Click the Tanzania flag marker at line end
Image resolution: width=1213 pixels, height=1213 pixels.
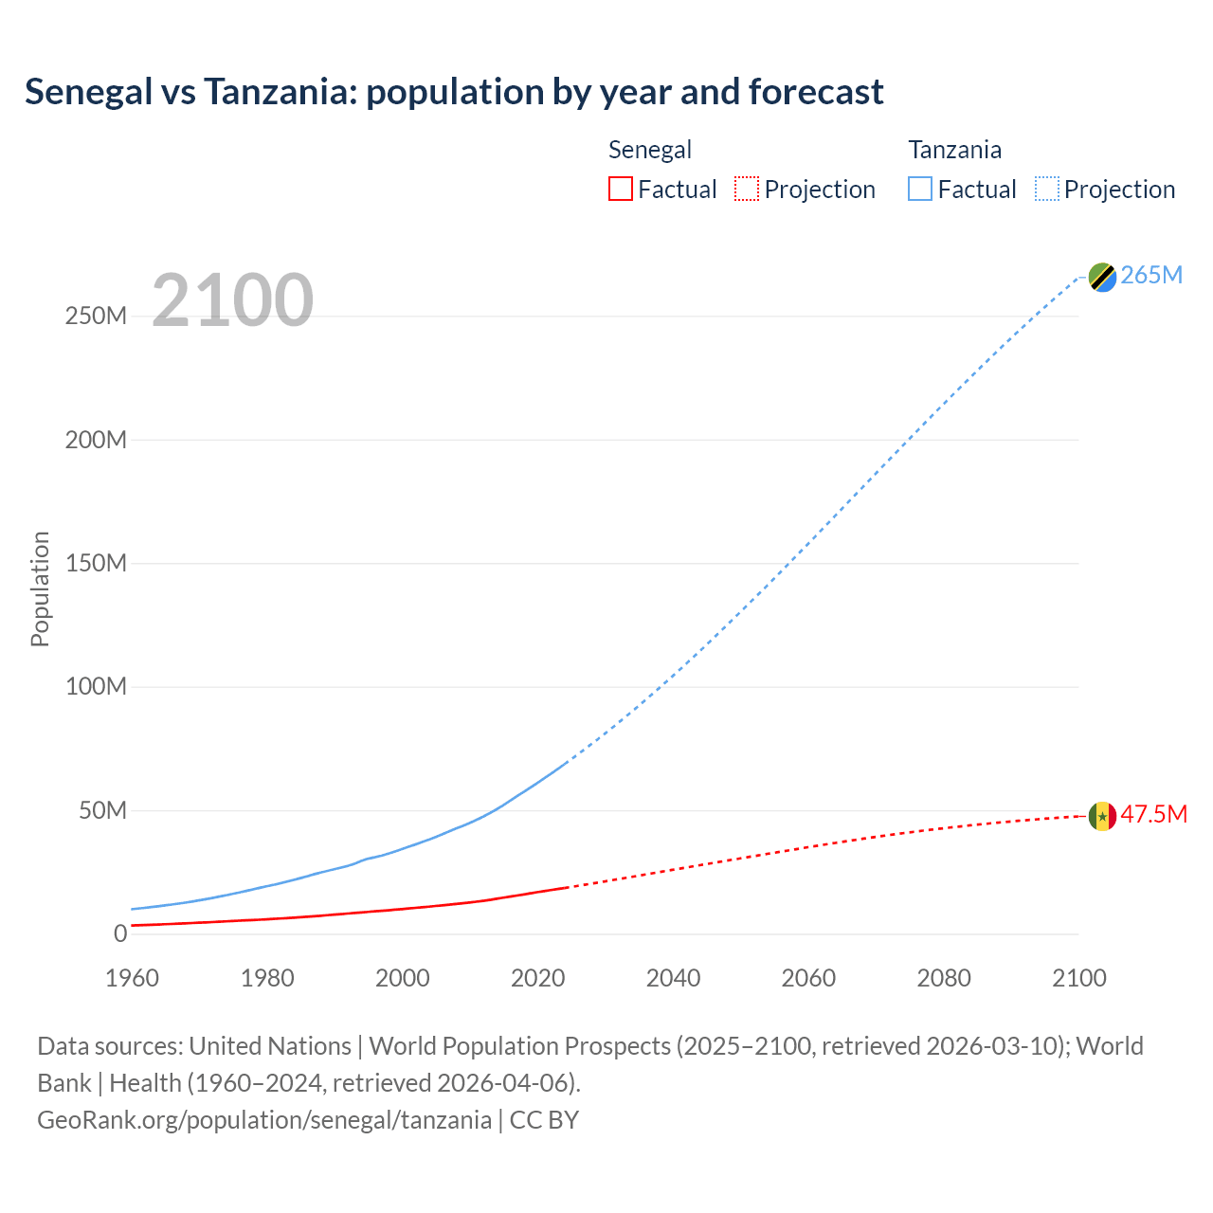coord(1102,277)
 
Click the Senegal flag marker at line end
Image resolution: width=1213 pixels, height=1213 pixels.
coord(1102,816)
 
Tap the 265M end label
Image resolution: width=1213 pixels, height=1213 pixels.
coord(1151,275)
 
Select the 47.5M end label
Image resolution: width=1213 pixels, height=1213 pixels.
coord(1153,814)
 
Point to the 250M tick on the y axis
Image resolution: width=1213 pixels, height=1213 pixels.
coord(96,317)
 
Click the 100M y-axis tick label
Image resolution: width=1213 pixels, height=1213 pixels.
coord(96,686)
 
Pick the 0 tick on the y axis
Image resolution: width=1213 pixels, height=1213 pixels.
coord(119,933)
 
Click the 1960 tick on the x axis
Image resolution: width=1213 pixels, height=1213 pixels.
coord(132,978)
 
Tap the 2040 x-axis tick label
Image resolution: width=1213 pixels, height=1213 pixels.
coord(673,978)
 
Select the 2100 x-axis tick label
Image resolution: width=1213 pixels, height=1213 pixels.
coord(1078,978)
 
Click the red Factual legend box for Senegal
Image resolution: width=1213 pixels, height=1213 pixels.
coord(621,189)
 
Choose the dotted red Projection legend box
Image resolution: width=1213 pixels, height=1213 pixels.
coord(747,189)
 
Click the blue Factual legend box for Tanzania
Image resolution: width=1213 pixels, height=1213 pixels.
coord(920,189)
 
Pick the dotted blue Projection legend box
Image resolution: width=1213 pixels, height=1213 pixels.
coord(1047,189)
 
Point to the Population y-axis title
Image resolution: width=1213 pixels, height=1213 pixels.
coord(40,589)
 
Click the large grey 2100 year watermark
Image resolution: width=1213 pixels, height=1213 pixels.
coord(232,300)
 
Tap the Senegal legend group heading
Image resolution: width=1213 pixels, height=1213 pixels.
coord(650,150)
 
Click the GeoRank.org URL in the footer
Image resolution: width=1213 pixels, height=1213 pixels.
coord(264,1120)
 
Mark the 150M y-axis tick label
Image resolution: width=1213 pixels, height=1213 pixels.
coord(96,563)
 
